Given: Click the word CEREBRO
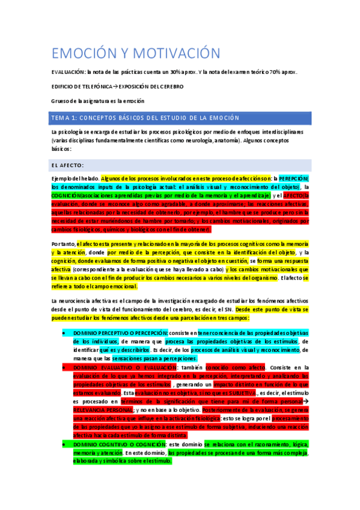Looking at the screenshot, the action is coord(170,87).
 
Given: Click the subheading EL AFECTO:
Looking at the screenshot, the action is coord(67,165).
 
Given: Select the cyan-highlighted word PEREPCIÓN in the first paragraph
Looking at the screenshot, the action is coord(294,179).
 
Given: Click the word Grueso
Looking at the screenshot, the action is coord(61,101).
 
